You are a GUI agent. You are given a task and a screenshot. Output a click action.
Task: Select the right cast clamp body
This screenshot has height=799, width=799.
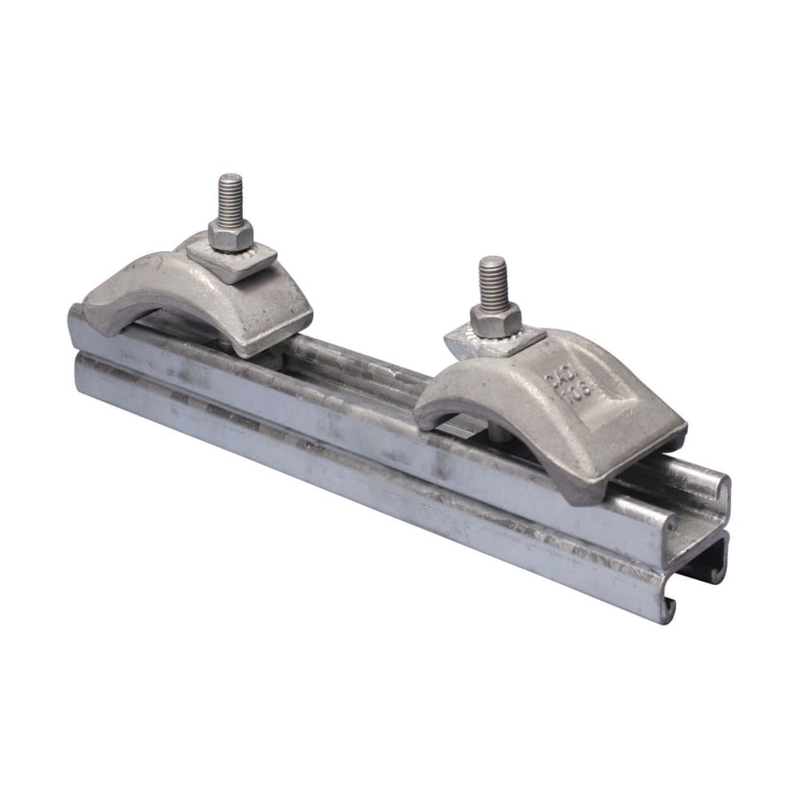[575, 407]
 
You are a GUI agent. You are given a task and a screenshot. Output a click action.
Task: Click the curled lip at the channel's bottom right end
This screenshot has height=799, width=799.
[667, 607]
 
